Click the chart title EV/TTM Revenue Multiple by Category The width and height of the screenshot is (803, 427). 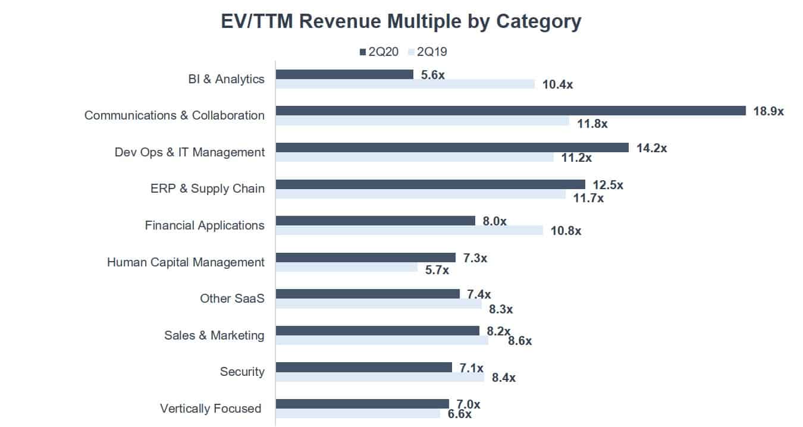[401, 22]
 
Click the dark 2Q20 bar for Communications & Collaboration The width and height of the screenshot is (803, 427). [510, 111]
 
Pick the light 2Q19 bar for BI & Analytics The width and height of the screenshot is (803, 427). [405, 84]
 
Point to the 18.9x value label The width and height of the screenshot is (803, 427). [768, 111]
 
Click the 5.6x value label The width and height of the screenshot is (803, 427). [432, 75]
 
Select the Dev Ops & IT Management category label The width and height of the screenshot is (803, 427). [189, 152]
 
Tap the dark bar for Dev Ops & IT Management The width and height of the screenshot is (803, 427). [452, 147]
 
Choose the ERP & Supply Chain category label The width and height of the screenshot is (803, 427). [207, 189]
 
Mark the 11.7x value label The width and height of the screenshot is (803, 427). [588, 198]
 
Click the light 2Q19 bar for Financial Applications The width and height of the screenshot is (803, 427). [409, 230]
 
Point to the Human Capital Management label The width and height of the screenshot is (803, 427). [186, 262]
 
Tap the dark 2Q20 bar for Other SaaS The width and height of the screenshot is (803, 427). [368, 294]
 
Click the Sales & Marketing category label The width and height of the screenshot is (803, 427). [214, 335]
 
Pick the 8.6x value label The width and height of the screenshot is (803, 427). [519, 341]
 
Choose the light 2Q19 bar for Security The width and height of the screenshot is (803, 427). [380, 377]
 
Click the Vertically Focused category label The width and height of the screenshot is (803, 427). [211, 409]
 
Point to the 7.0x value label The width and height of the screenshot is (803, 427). [468, 404]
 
